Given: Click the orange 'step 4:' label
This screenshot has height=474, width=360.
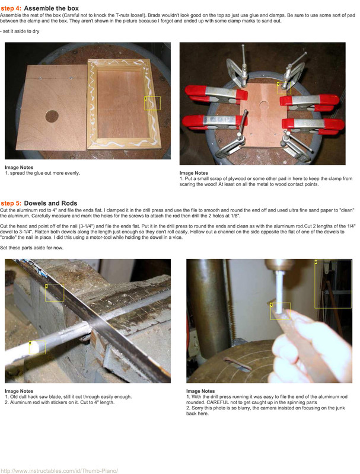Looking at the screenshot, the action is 11,8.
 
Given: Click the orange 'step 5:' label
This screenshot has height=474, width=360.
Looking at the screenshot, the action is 11,203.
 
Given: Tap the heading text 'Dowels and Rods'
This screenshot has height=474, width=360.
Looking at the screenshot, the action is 50,203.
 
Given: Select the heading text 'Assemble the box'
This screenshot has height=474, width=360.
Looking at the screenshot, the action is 52,8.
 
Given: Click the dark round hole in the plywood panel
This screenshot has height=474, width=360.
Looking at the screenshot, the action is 52,116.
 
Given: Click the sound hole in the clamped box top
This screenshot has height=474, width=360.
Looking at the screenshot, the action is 264,105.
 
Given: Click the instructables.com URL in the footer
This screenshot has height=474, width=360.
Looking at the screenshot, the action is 59,470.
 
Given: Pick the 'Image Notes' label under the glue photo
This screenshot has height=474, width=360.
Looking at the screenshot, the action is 19,168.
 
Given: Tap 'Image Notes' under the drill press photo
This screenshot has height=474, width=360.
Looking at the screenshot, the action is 200,391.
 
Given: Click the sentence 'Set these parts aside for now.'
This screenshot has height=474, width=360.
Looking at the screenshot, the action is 32,248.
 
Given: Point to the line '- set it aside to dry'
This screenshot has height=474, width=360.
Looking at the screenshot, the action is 20,31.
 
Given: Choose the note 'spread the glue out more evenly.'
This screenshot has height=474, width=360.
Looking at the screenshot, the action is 45,173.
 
